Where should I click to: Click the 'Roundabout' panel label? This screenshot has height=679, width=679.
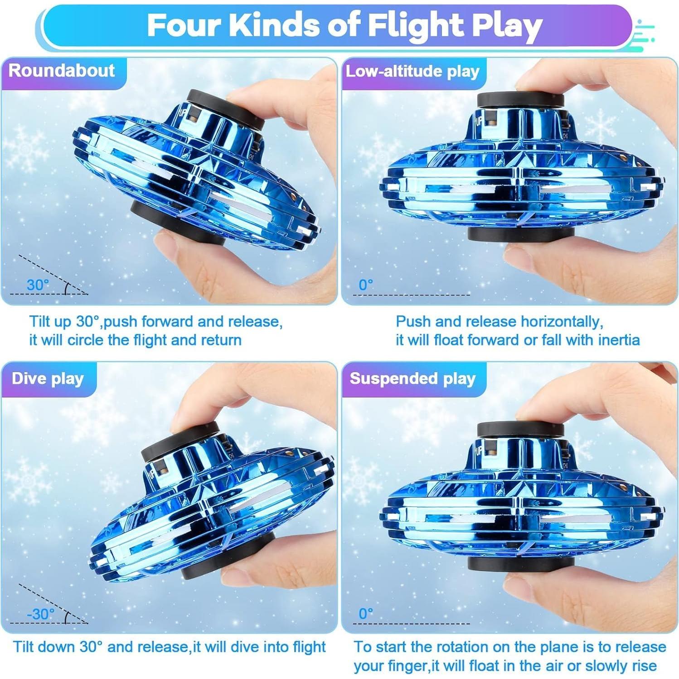tap(62, 71)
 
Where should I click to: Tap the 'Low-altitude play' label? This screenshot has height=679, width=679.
tap(412, 71)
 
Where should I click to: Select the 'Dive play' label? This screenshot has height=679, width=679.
tap(48, 378)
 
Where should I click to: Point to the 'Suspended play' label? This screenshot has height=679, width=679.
tap(412, 378)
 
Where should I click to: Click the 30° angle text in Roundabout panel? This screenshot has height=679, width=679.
tap(38, 285)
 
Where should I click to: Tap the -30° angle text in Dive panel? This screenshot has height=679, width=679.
tap(41, 614)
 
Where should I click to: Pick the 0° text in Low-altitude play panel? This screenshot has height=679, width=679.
tap(366, 285)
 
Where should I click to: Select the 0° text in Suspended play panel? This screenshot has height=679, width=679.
tap(366, 614)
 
